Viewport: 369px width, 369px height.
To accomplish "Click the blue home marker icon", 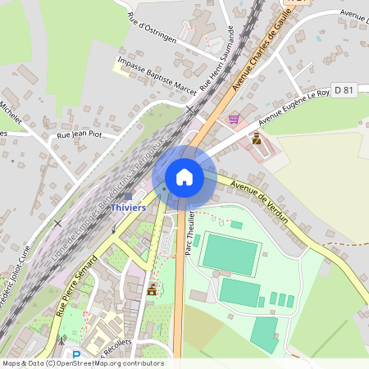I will click(x=184, y=176).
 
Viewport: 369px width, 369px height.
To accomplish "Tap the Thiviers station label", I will click(x=128, y=207).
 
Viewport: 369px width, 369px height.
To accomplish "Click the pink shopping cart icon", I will click(x=234, y=118).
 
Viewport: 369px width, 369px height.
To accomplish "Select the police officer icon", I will click(x=257, y=139).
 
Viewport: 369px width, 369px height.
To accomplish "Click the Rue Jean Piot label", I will click(x=77, y=134).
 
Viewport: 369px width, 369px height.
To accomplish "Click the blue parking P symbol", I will click(x=76, y=355).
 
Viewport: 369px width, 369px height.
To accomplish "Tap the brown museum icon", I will click(x=151, y=289).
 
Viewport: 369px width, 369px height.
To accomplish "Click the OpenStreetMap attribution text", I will click(x=82, y=363).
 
